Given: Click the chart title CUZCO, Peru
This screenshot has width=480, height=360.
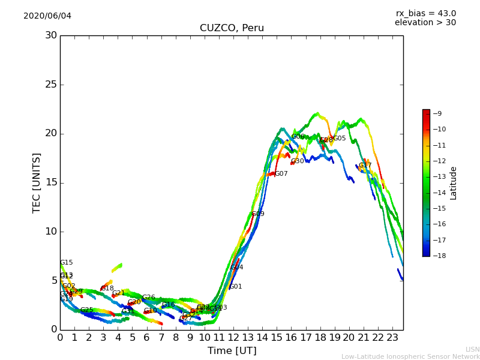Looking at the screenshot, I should coord(232,28).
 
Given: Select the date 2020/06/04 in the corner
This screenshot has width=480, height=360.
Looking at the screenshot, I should coord(47,16).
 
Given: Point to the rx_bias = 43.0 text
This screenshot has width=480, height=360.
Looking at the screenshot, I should coord(425,13).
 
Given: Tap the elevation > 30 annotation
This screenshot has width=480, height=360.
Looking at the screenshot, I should coord(425,23).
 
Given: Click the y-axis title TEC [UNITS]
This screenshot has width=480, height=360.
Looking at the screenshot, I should coord(37,182).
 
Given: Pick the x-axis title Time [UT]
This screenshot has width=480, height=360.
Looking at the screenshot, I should coord(232,350).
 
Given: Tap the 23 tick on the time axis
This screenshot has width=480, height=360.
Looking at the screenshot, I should coord(392,338).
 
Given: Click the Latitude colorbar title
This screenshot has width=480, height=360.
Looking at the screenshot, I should coord(454,182).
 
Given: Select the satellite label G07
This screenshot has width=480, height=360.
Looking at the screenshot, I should coord(281,174).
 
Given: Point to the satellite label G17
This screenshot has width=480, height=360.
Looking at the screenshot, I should coord(365,166).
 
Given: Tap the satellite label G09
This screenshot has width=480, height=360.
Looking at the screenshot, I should coord(258,214).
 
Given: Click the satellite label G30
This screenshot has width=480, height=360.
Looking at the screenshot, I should coord(298,161).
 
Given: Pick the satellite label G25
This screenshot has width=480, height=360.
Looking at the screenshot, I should coord(87,310).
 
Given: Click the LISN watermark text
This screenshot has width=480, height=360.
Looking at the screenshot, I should coord(472,349).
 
